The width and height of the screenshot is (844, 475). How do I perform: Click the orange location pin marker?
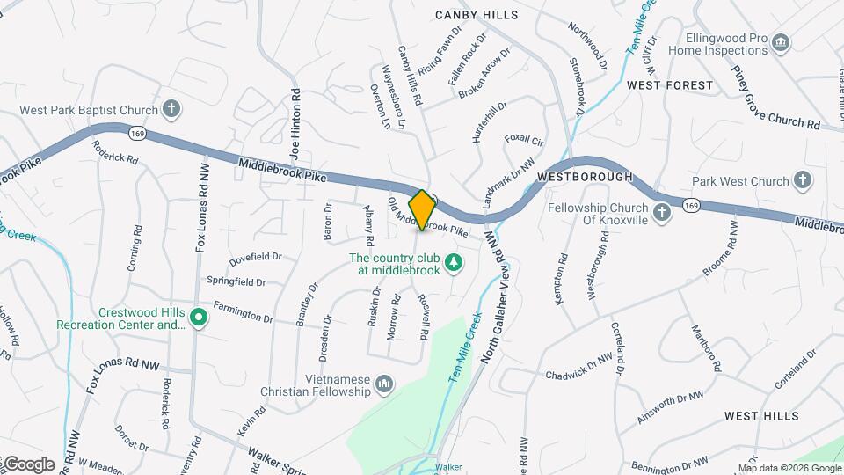[422, 209]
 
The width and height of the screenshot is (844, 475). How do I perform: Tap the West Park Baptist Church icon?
[171, 110]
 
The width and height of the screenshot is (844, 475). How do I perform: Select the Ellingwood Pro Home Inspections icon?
[780, 43]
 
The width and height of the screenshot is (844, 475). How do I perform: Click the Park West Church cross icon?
[802, 181]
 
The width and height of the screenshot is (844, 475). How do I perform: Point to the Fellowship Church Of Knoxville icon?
[662, 213]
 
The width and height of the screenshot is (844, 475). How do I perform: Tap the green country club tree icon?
[453, 262]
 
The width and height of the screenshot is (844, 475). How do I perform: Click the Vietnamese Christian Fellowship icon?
[383, 384]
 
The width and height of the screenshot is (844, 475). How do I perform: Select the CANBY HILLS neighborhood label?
[477, 15]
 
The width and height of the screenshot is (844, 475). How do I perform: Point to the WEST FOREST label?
[670, 85]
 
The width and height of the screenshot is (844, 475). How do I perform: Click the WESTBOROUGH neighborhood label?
[585, 177]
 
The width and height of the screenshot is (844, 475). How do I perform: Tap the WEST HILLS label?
[761, 415]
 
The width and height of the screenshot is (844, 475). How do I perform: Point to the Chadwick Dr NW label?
[578, 368]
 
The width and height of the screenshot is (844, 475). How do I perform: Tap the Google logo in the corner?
[28, 464]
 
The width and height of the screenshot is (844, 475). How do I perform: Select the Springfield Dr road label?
[236, 281]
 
